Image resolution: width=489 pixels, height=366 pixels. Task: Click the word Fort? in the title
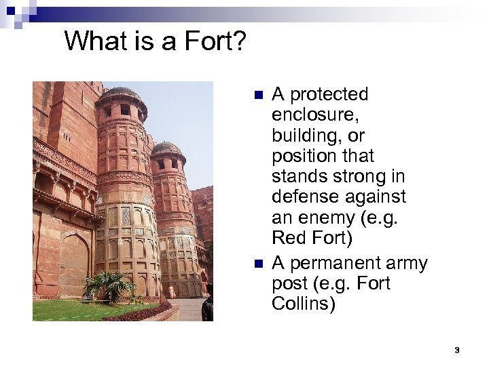tap(211, 42)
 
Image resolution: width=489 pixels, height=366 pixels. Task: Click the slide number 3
tap(457, 350)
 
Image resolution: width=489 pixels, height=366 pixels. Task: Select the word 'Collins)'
tap(304, 304)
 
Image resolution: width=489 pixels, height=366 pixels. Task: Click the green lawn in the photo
tap(75, 310)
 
